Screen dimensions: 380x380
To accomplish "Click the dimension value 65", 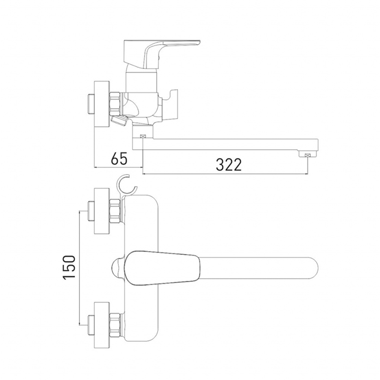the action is point(119,159).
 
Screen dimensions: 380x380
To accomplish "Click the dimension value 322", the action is point(229,165).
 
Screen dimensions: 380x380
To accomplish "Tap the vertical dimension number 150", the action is point(69,268).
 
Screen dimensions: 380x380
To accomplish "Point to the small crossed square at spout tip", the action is point(308,155).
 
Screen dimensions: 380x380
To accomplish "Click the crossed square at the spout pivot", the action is point(143,136).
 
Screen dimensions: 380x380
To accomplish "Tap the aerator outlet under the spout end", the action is point(308,154).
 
